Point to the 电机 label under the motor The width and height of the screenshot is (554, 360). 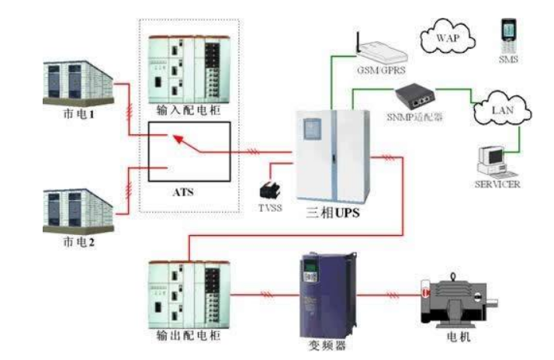[x=459, y=339]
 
